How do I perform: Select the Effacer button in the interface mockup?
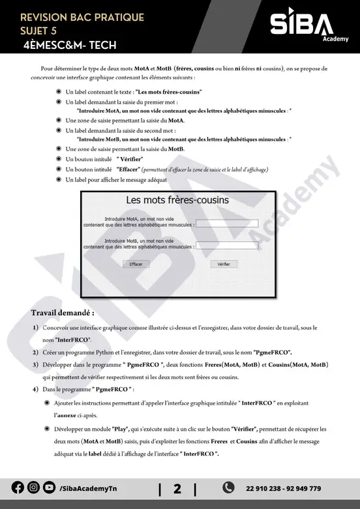pos(136,265)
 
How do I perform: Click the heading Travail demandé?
pos(63,313)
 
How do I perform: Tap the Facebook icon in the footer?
pos(18,487)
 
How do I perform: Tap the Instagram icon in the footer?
pos(33,487)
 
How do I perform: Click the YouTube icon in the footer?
pos(49,487)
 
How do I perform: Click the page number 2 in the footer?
pos(177,488)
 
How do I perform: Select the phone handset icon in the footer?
pos(229,487)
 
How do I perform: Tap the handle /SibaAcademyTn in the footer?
pos(90,488)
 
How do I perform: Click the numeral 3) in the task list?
pos(36,364)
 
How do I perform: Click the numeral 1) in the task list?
pos(36,327)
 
